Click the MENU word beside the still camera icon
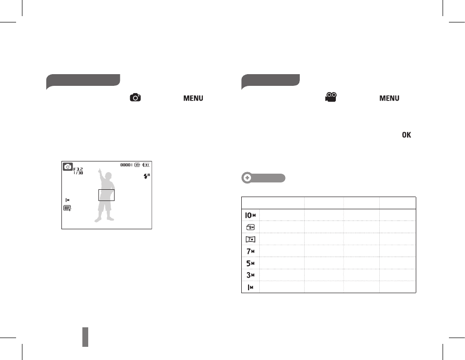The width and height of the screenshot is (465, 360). tap(193, 98)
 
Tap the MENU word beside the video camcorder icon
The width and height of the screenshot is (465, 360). tap(389, 98)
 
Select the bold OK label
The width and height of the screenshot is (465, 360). tap(407, 135)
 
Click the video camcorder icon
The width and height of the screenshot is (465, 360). tap(331, 97)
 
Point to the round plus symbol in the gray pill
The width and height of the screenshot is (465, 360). tap(247, 178)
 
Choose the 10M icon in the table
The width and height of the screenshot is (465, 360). tap(251, 215)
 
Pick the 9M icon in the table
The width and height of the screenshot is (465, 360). tap(251, 227)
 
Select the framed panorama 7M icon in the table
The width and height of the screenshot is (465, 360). tap(251, 239)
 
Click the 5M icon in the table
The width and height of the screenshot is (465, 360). tap(251, 263)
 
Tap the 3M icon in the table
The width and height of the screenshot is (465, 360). tap(251, 275)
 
